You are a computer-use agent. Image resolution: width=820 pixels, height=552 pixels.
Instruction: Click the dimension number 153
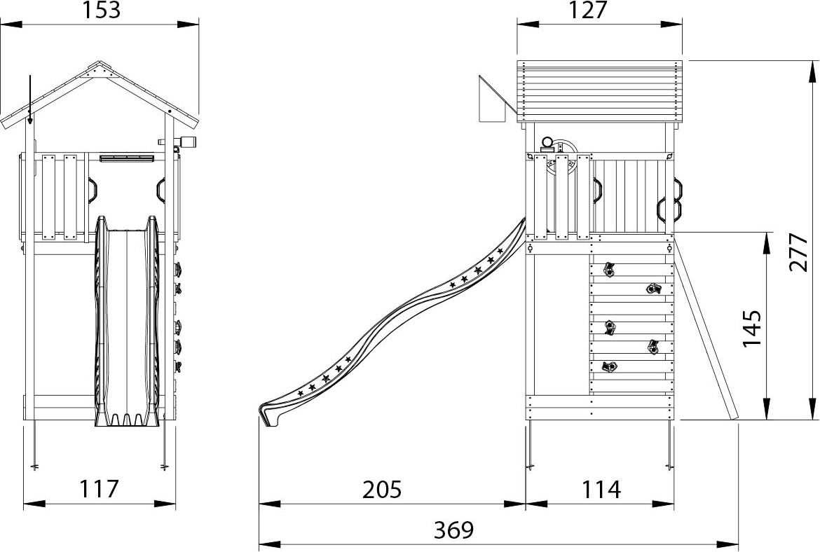pyautogui.click(x=101, y=10)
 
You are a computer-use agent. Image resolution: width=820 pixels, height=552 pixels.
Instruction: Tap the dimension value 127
pyautogui.click(x=588, y=10)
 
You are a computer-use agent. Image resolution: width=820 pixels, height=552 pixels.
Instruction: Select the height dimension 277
pyautogui.click(x=798, y=252)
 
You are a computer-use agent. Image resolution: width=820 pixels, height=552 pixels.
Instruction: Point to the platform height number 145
pyautogui.click(x=751, y=329)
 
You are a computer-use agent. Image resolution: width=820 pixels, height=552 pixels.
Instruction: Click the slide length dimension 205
pyautogui.click(x=382, y=489)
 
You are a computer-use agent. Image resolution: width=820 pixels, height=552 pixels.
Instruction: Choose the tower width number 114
pyautogui.click(x=601, y=489)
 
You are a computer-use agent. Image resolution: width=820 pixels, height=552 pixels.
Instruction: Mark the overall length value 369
pyautogui.click(x=454, y=530)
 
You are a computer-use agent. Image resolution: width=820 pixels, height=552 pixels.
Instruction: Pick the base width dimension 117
pyautogui.click(x=100, y=489)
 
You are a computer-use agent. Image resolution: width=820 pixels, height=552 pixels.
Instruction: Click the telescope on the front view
pyautogui.click(x=177, y=142)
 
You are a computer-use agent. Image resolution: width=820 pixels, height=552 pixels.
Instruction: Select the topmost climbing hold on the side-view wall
pyautogui.click(x=608, y=270)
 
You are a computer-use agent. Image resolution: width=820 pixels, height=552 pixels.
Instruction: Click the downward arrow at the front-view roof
pyautogui.click(x=30, y=100)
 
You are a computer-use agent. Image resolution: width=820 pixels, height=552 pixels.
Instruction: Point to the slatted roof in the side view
pyautogui.click(x=600, y=92)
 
